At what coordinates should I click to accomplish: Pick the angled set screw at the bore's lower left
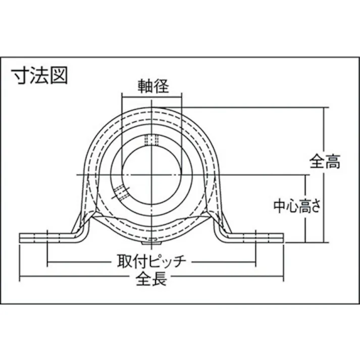click(x=120, y=193)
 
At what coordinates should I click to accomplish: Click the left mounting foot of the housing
click(x=48, y=237)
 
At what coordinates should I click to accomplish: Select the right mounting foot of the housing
click(x=255, y=237)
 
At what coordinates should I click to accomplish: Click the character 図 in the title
click(x=58, y=77)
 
